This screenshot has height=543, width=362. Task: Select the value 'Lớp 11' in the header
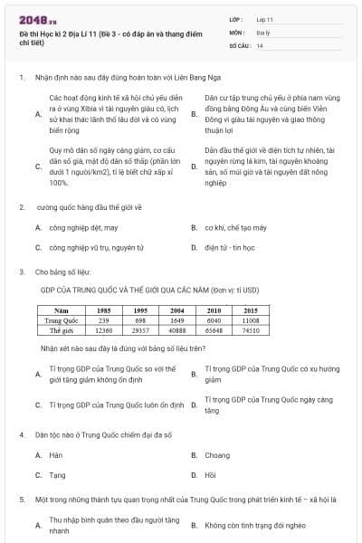point(264,19)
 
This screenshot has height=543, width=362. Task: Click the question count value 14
point(260,44)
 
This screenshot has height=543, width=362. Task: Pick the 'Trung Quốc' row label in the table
point(62,320)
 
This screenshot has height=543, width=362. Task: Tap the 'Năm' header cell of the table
point(62,310)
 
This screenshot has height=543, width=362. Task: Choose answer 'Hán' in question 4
point(56,455)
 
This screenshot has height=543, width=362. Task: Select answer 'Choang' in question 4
point(217,455)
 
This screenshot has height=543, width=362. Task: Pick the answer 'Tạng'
point(57,474)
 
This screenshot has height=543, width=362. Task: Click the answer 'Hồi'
point(211,474)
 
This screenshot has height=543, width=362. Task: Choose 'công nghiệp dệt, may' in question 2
point(83,228)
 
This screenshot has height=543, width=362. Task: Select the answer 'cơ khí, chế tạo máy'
point(235,228)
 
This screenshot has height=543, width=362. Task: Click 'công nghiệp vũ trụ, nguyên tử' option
point(97,247)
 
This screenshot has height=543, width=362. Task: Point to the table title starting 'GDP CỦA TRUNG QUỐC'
point(149,291)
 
